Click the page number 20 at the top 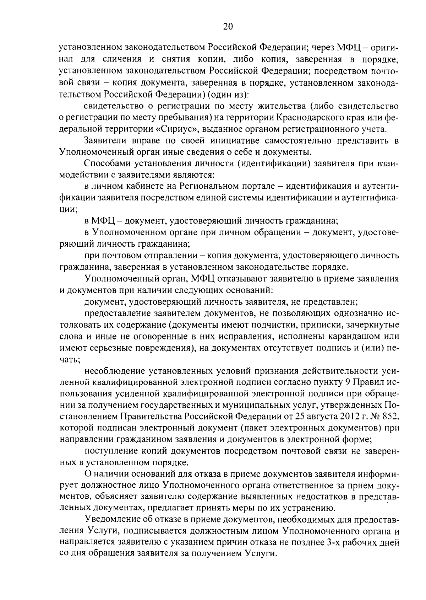pos(228,26)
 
